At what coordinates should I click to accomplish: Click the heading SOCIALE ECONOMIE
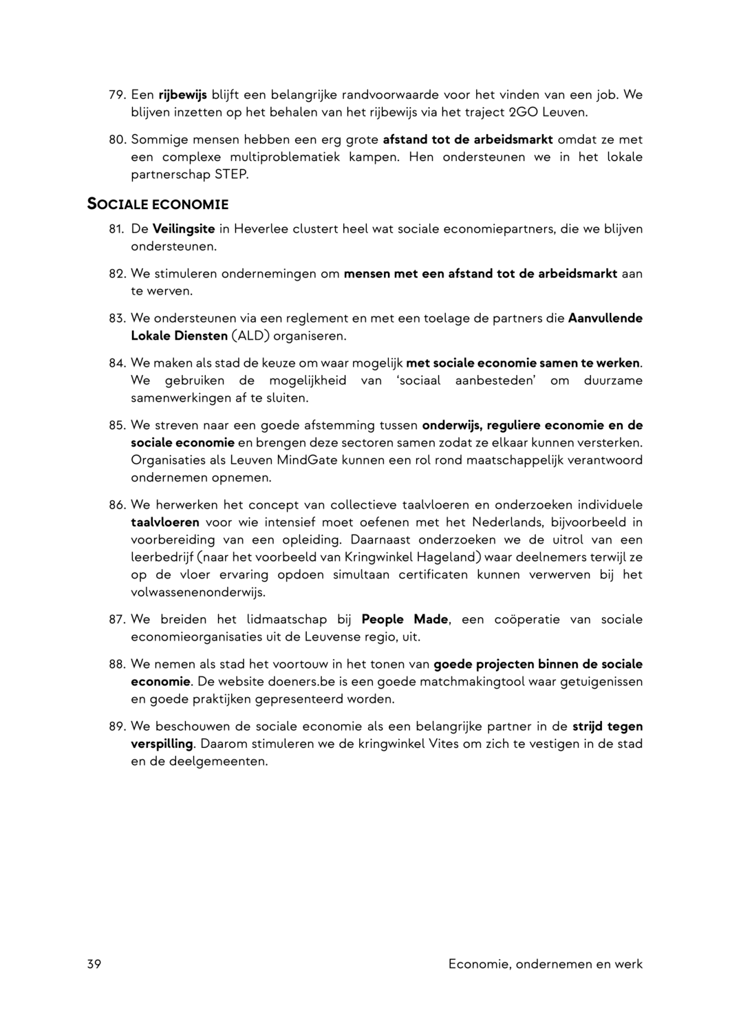(158, 204)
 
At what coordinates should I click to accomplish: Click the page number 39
(94, 964)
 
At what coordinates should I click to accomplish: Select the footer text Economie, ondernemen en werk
(545, 964)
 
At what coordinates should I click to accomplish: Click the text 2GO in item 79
(528, 112)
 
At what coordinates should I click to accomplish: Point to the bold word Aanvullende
(605, 318)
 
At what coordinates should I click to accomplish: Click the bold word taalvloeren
(165, 522)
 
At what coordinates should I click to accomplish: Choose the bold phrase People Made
(405, 619)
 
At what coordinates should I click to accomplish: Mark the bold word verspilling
(162, 744)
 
